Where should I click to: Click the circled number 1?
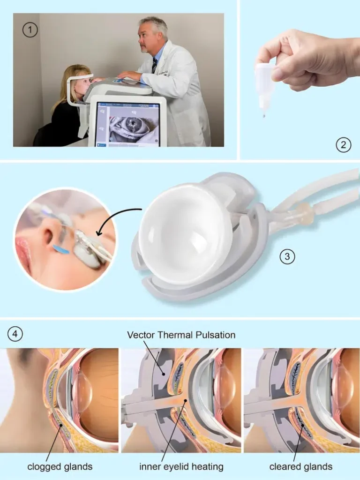30,30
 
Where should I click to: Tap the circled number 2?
343,144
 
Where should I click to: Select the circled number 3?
287,256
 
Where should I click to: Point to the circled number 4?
15,334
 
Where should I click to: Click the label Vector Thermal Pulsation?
181,335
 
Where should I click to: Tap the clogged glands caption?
60,467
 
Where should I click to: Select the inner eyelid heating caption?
181,467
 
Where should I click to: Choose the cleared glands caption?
300,467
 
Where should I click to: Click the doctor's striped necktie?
154,65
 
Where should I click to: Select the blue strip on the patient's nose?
61,249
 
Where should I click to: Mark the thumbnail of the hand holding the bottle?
278,74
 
